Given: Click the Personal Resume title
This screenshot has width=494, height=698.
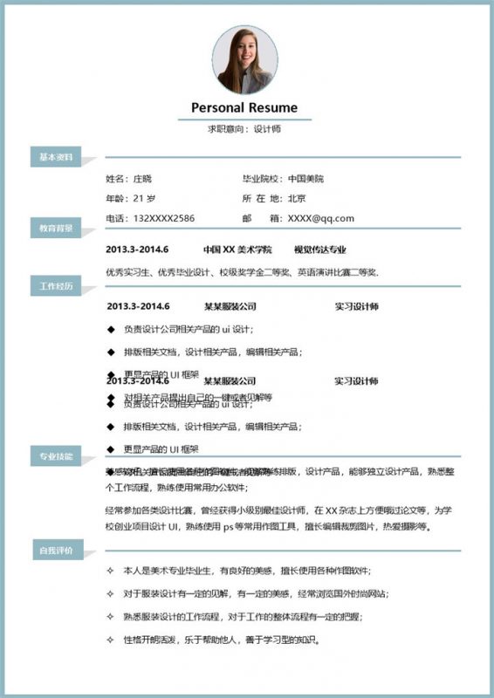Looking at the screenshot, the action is click(244, 108).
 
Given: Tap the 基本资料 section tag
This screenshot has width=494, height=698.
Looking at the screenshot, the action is click(55, 157).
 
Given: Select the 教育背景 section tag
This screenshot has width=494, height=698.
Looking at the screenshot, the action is click(55, 228).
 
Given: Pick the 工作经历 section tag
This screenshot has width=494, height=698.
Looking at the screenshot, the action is click(55, 286).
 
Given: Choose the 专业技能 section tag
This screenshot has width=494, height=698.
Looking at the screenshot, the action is click(55, 456).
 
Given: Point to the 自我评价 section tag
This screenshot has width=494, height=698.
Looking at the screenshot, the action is click(55, 551).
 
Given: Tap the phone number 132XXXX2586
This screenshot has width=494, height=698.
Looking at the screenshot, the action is click(163, 218).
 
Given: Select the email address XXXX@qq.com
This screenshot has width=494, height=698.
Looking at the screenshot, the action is click(321, 218).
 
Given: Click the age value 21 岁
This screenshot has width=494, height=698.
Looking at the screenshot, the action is click(145, 198).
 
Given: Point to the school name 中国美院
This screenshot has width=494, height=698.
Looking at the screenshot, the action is click(305, 179).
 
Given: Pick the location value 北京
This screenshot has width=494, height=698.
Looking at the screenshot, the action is click(297, 198).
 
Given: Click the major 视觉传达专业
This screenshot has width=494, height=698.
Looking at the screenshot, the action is click(319, 250).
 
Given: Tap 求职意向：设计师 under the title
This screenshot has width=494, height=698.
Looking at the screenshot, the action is click(244, 128).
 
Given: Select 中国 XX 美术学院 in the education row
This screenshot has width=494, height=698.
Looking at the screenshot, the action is click(237, 250).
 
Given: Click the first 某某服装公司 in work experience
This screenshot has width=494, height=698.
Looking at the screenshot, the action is click(230, 307).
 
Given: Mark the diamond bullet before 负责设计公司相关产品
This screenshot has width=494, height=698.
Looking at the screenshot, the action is click(110, 330).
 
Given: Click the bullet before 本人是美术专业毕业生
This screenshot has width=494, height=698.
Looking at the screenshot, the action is click(110, 571).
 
